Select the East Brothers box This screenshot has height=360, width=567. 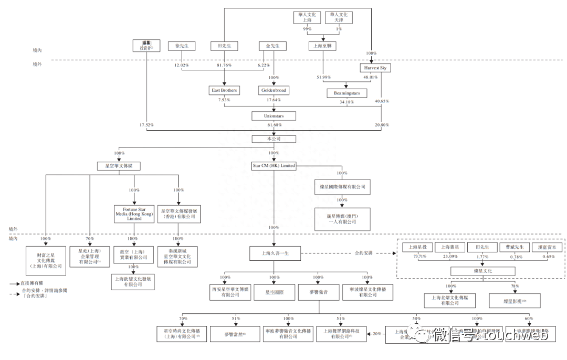coord(224,90)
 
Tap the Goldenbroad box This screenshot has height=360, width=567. coord(274,90)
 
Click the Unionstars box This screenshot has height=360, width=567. coord(274,115)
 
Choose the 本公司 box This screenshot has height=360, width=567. coord(274,139)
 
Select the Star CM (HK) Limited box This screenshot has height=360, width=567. coord(274,166)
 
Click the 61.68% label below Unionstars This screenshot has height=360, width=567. coord(274,125)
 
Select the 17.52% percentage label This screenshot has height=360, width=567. coord(146,125)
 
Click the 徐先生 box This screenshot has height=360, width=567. coord(182,46)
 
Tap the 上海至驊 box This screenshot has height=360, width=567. coord(322,46)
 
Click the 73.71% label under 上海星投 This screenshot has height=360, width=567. coord(419,256)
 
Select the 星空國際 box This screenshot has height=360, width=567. coord(274,293)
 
